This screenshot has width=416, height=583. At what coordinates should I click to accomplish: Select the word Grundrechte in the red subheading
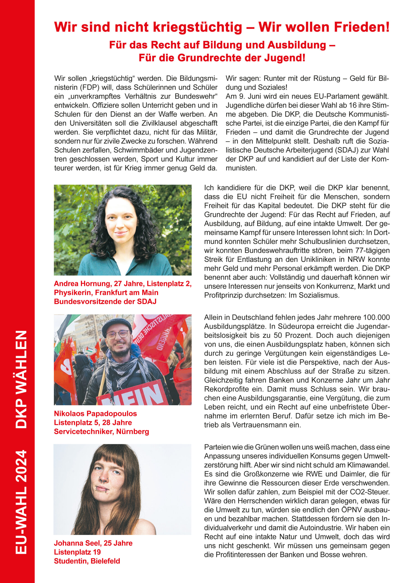pyautogui.click(x=217, y=58)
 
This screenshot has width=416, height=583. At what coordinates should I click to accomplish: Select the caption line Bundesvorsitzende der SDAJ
pyautogui.click(x=105, y=302)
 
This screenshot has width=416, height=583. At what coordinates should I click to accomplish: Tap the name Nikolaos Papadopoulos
pyautogui.click(x=95, y=414)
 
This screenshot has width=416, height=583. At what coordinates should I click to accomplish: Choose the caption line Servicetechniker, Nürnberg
pyautogui.click(x=101, y=432)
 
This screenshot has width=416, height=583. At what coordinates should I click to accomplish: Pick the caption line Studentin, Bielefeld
pyautogui.click(x=87, y=561)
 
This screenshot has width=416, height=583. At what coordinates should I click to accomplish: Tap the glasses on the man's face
pyautogui.click(x=117, y=335)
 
